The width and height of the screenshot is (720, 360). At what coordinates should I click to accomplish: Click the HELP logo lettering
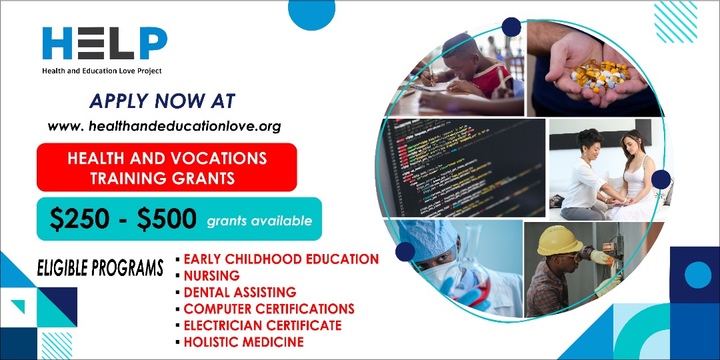pyautogui.click(x=105, y=43)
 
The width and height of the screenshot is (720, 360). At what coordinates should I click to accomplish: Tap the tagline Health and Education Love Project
pyautogui.click(x=102, y=71)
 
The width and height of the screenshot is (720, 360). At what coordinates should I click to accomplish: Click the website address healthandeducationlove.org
pyautogui.click(x=164, y=126)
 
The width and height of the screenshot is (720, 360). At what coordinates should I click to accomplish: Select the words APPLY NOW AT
pyautogui.click(x=162, y=101)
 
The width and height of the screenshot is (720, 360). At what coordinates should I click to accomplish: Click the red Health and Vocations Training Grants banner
pyautogui.click(x=167, y=167)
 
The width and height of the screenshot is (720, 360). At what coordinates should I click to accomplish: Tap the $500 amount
pyautogui.click(x=167, y=219)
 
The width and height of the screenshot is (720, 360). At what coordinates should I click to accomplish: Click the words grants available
pyautogui.click(x=259, y=221)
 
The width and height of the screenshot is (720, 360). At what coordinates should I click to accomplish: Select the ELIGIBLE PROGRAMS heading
pyautogui.click(x=100, y=268)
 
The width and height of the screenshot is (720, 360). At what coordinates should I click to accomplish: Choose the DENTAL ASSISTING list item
pyautogui.click(x=240, y=292)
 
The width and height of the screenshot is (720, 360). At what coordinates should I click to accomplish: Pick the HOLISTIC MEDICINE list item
pyautogui.click(x=244, y=341)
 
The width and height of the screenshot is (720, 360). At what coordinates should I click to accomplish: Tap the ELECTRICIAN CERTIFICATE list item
pyautogui.click(x=263, y=325)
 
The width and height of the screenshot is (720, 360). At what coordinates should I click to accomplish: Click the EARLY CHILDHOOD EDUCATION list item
pyautogui.click(x=281, y=259)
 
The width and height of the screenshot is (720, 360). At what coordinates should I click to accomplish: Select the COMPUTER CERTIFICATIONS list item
pyautogui.click(x=269, y=309)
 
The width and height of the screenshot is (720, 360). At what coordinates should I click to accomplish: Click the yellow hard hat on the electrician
pyautogui.click(x=560, y=240)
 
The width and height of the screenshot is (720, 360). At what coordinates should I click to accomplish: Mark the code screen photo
pyautogui.click(x=461, y=167)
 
